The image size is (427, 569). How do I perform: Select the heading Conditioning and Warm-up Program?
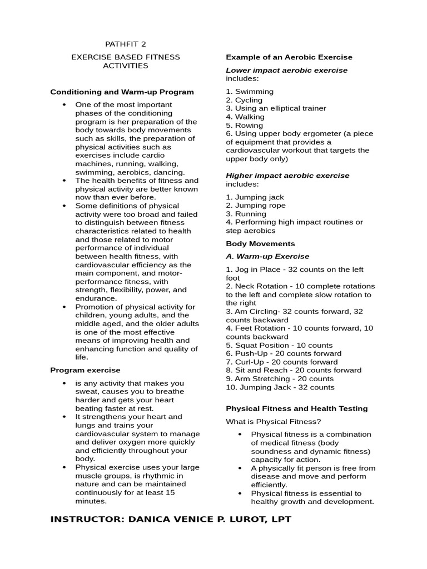tap(122, 92)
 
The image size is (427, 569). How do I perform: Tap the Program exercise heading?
tap(85, 370)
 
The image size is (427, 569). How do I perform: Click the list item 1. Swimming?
tap(250, 92)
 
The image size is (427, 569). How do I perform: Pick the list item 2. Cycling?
tap(244, 100)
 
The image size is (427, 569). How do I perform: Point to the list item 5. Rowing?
tap(245, 126)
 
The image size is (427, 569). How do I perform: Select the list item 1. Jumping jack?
tap(255, 197)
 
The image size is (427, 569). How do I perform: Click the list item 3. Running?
tap(246, 214)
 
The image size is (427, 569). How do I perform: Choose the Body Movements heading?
tap(260, 244)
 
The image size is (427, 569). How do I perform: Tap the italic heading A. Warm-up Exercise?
tap(267, 257)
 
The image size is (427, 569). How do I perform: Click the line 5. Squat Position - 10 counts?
tap(279, 345)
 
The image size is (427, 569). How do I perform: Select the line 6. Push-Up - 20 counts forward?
tap(284, 353)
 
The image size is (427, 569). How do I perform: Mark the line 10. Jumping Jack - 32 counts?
tap(280, 387)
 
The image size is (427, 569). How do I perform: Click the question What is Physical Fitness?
tap(274, 421)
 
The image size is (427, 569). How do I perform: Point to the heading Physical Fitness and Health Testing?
tap(297, 408)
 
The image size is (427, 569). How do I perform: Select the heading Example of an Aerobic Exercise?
tap(289, 57)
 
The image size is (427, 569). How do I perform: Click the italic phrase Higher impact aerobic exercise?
tap(287, 176)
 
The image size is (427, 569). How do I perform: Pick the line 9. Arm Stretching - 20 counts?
tap(280, 379)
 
